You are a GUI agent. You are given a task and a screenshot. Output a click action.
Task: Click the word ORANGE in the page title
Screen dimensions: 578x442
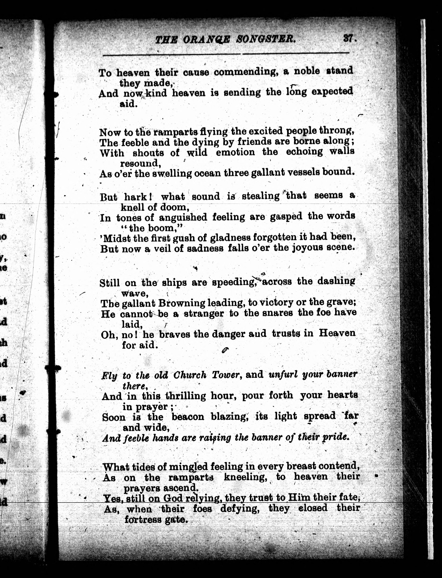point(206,39)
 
